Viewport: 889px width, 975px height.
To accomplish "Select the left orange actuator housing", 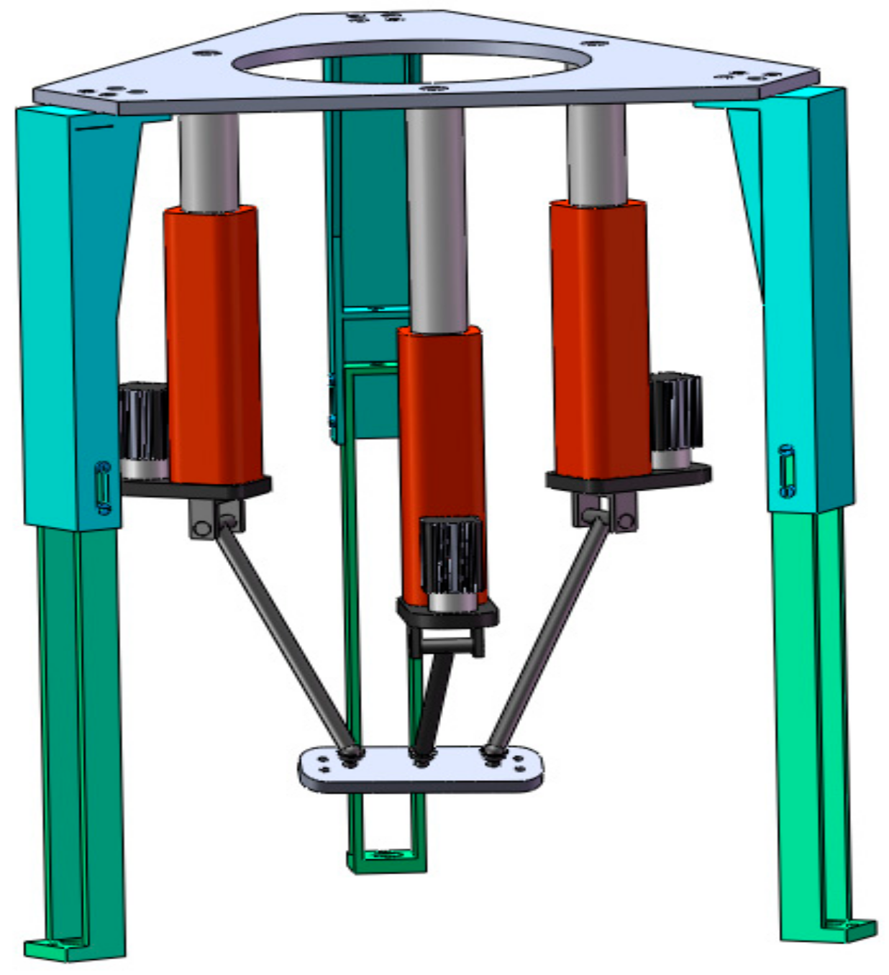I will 213,345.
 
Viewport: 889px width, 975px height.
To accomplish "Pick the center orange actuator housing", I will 440,431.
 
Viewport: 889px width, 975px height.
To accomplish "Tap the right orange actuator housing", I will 600,338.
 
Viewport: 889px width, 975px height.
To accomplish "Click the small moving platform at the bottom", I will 421,771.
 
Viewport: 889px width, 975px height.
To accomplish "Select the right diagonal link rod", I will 550,633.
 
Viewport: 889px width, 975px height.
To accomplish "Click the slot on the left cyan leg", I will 104,487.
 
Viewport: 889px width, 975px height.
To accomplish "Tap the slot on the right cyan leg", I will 787,471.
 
